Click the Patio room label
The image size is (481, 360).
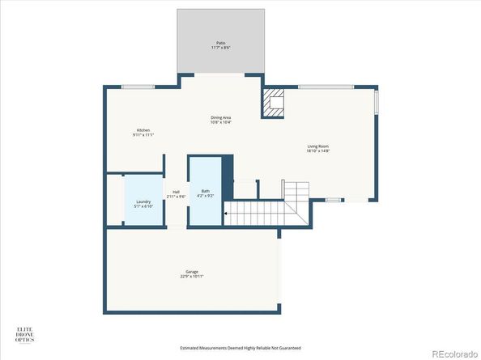pyautogui.click(x=220, y=42)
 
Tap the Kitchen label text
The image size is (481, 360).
pyautogui.click(x=143, y=130)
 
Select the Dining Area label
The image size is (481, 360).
pyautogui.click(x=221, y=118)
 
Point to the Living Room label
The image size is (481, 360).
pyautogui.click(x=317, y=146)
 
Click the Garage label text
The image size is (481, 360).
pyautogui.click(x=191, y=272)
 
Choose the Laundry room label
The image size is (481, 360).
pyautogui.click(x=143, y=201)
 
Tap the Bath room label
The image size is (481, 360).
pyautogui.click(x=206, y=191)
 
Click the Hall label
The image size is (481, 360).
pyautogui.click(x=176, y=192)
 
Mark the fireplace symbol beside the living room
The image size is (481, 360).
pyautogui.click(x=273, y=104)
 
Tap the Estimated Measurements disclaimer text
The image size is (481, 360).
pyautogui.click(x=240, y=348)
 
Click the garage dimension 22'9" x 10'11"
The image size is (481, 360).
pyautogui.click(x=191, y=277)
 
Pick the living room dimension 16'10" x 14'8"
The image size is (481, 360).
pyautogui.click(x=317, y=151)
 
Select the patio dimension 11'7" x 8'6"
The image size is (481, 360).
pyautogui.click(x=220, y=47)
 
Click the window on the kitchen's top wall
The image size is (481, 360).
pyautogui.click(x=138, y=86)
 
